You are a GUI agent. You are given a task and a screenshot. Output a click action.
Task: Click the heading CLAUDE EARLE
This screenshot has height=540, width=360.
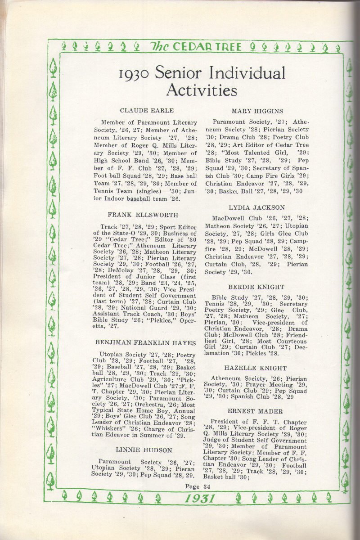tap(147, 111)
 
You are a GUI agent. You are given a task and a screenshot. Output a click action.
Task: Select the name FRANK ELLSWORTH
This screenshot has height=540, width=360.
tap(143, 216)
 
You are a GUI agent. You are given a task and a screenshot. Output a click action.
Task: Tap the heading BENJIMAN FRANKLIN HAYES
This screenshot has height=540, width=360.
tap(145, 343)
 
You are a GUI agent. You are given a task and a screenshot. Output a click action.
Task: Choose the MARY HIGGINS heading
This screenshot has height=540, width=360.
tap(257, 111)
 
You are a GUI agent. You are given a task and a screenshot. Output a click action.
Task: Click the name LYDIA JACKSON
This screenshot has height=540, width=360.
tap(256, 208)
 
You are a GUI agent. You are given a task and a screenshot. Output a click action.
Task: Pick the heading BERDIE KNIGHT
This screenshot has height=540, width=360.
tap(256, 287)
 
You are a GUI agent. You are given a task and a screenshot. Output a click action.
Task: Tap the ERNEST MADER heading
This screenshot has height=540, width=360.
tap(255, 411)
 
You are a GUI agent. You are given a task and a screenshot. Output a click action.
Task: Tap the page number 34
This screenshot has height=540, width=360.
tap(207, 486)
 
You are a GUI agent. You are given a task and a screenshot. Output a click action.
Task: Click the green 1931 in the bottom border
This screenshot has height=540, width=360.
tap(200, 498)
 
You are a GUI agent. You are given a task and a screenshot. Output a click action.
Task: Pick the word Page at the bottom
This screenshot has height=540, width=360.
tap(192, 486)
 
